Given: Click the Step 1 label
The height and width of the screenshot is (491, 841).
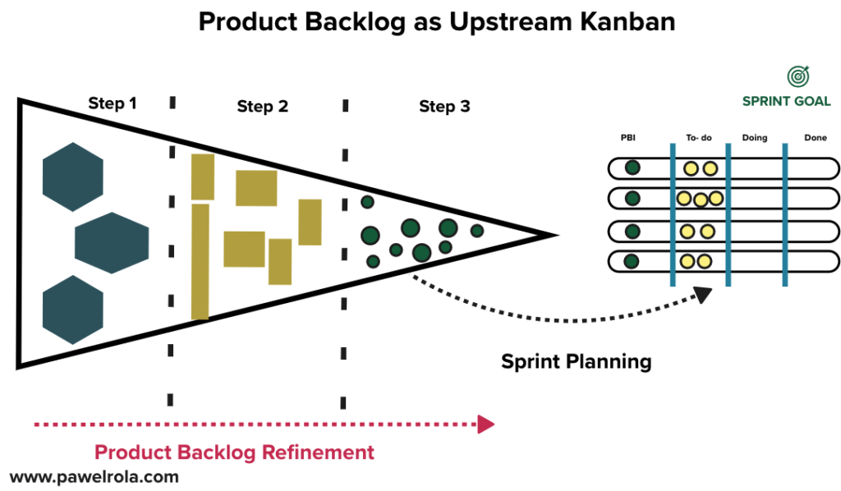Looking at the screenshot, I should tap(113, 103).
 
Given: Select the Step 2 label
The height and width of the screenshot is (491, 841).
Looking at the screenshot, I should tap(262, 107).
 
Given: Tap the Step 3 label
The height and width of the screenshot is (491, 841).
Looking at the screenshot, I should tap(444, 107).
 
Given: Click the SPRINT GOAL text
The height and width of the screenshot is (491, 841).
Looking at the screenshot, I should tap(786, 102).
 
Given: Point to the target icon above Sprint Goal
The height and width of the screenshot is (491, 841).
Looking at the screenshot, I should tap(797, 76).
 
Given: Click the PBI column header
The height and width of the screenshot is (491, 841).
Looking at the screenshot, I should tap(628, 138).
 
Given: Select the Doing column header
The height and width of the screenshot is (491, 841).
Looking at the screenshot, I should tap(754, 138).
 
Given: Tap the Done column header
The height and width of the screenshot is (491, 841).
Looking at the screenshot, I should tap(816, 138).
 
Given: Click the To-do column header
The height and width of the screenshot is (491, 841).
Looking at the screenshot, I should tap(699, 138).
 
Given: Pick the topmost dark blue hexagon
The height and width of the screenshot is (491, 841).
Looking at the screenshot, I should tap(72, 177).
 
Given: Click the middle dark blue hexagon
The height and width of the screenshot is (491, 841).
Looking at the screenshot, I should tap(112, 243).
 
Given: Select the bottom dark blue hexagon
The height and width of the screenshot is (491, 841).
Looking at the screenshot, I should tap(72, 310).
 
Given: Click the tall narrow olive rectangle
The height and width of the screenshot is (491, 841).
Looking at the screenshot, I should tap(200, 261).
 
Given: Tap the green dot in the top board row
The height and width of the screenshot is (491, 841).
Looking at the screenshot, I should tap(632, 168).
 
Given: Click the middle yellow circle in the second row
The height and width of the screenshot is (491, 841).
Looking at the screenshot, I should tap(700, 200).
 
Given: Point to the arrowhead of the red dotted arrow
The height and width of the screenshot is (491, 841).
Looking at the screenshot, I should tap(486, 424).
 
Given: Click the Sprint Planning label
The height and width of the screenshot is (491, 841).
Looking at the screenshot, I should tap(576, 361).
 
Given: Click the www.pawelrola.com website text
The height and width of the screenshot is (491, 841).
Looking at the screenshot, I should tap(94, 476).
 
